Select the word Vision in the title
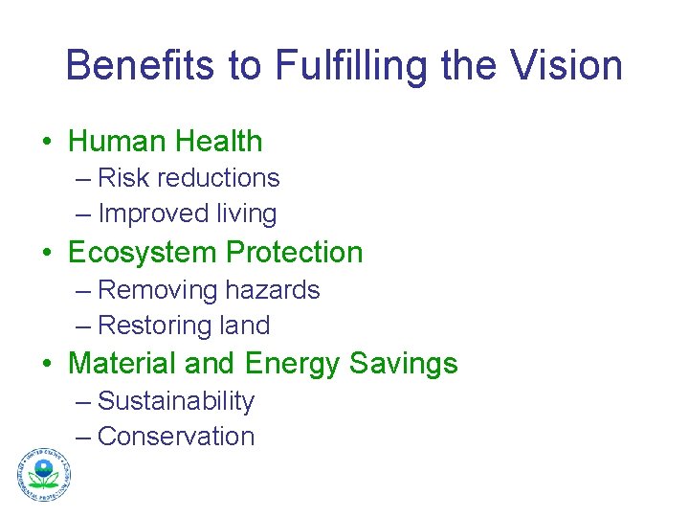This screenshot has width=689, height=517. click(x=571, y=66)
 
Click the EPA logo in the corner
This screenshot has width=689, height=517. click(x=43, y=475)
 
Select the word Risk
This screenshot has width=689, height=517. click(x=122, y=178)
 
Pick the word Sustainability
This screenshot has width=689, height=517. click(x=176, y=401)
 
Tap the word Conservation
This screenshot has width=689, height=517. click(x=176, y=437)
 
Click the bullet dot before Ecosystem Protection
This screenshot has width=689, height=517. click(x=48, y=254)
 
